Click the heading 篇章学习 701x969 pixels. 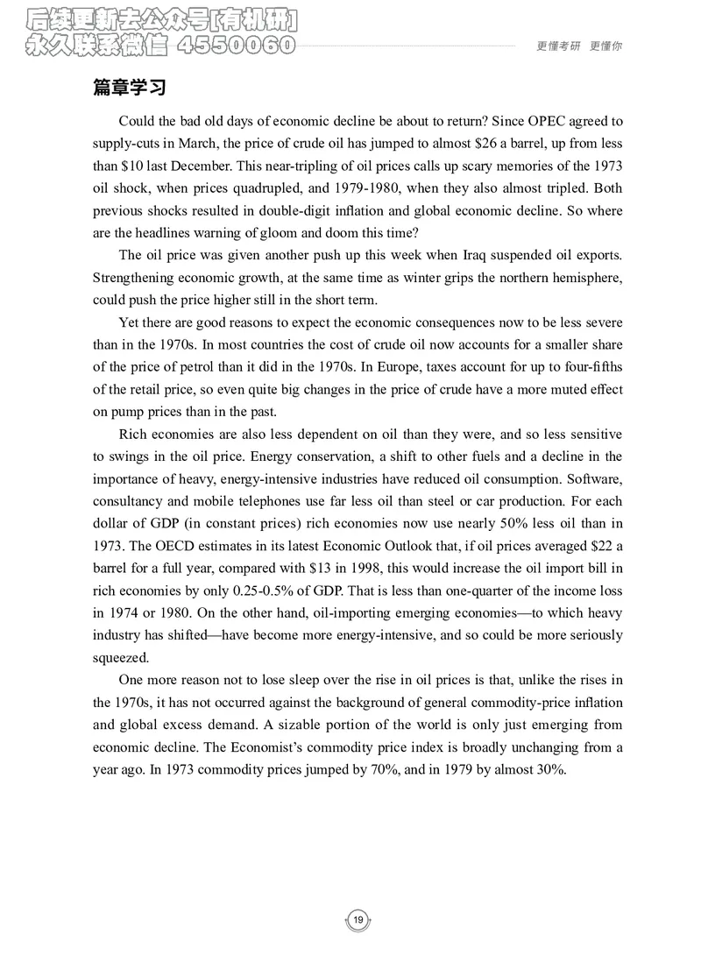(130, 88)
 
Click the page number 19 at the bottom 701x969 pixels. (358, 919)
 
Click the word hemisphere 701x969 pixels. (587, 278)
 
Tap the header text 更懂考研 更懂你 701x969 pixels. (578, 46)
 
